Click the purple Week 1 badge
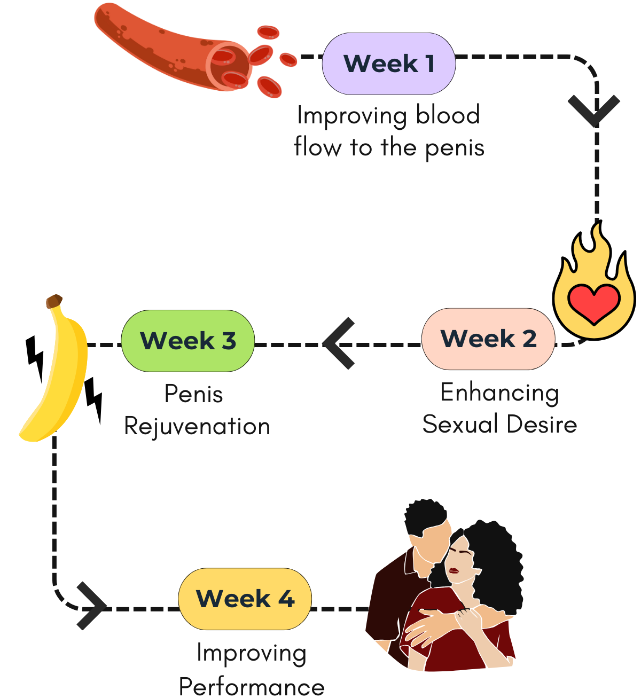388,64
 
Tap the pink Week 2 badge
488,339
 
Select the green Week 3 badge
187,341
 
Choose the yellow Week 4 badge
245,599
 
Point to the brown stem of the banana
53,301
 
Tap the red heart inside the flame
593,303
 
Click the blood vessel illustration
171,48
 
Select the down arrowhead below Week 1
594,111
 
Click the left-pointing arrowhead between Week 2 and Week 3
340,343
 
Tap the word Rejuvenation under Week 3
197,427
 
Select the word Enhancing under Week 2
499,393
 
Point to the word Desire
541,425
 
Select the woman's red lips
454,570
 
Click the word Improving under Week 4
252,653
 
